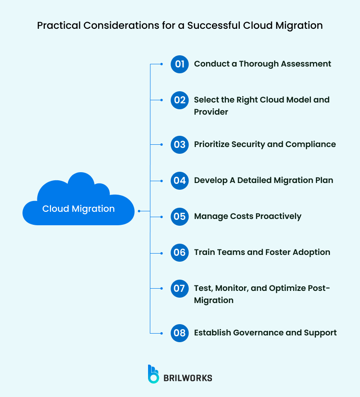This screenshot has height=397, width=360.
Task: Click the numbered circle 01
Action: pos(180,64)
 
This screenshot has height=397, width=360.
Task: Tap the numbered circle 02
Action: pos(180,100)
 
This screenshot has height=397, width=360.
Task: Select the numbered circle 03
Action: pos(180,144)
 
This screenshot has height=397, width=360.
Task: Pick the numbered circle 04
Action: pos(180,180)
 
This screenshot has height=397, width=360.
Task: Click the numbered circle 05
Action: pos(180,216)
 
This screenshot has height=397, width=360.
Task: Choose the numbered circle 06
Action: pos(180,252)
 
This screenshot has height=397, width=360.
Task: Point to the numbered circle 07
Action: pos(180,288)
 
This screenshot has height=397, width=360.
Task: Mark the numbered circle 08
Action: pos(180,333)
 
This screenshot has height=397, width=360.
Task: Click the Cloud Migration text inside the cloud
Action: pos(78,209)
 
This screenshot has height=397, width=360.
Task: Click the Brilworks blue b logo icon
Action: pos(153,374)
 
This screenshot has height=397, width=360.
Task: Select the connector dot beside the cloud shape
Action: pos(139,210)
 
